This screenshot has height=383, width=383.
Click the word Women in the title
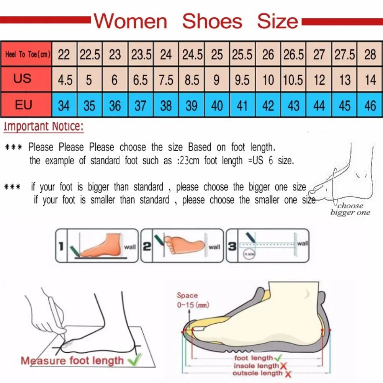pyautogui.click(x=131, y=21)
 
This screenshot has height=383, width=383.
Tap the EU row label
pyautogui.click(x=24, y=104)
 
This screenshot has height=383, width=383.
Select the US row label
pyautogui.click(x=23, y=79)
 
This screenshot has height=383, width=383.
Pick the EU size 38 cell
pyautogui.click(x=166, y=105)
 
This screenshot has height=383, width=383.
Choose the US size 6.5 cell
pyautogui.click(x=141, y=80)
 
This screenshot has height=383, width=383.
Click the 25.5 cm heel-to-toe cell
pyautogui.click(x=242, y=55)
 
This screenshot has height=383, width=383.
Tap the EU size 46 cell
pyautogui.click(x=370, y=105)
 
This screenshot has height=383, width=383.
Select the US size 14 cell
pyautogui.click(x=370, y=80)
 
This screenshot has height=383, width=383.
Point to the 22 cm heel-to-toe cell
pyautogui.click(x=64, y=55)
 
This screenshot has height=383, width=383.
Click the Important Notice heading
pyautogui.click(x=43, y=126)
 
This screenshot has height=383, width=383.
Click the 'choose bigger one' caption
pyautogui.click(x=350, y=209)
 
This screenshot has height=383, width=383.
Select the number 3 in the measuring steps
pyautogui.click(x=232, y=247)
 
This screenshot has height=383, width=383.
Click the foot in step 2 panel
pyautogui.click(x=184, y=244)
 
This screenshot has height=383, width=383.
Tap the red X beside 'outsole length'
pyautogui.click(x=288, y=374)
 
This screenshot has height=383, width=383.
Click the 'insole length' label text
pyautogui.click(x=256, y=366)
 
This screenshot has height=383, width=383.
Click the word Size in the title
pyautogui.click(x=277, y=21)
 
